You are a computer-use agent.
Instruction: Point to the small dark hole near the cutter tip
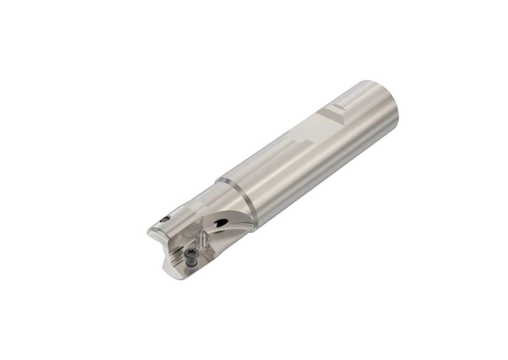coord(163,220)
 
